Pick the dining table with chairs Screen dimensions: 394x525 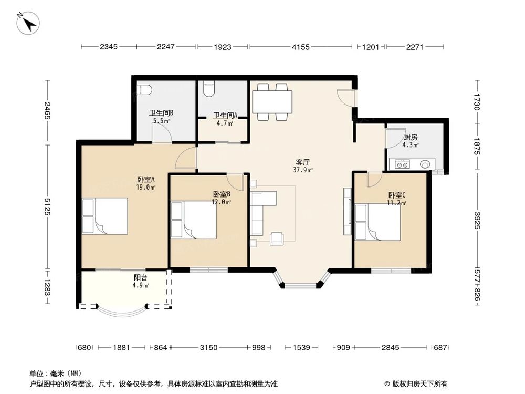coord(272,101)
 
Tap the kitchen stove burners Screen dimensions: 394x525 coord(403,164)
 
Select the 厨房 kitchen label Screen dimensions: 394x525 coord(411,137)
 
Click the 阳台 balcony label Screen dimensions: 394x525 coord(140,278)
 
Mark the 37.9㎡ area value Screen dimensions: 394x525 coord(303,170)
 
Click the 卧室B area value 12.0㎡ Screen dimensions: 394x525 coord(221,201)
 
